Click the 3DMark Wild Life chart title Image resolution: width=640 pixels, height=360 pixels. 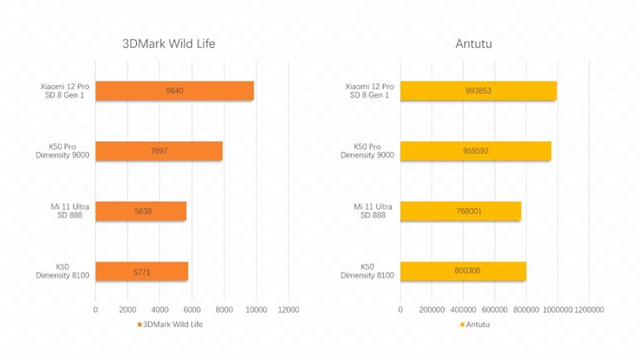[x=169, y=44]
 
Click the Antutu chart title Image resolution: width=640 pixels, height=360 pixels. [x=474, y=44]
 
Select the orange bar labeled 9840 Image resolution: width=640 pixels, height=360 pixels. [x=174, y=91]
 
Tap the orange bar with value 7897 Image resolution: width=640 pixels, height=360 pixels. [x=158, y=151]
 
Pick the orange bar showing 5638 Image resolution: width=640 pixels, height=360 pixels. [x=141, y=211]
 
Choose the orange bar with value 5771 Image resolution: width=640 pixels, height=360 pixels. [x=142, y=272]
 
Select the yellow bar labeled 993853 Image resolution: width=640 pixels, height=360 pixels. [x=478, y=91]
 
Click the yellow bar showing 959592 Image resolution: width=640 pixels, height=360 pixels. [x=475, y=151]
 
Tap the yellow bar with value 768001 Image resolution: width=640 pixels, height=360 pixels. [x=461, y=211]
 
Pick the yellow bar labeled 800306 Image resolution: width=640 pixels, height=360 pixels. [x=463, y=272]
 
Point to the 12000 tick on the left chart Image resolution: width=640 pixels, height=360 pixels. [x=288, y=310]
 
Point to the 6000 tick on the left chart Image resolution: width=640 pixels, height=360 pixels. [x=192, y=310]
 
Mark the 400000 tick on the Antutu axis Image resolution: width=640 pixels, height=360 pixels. [x=463, y=310]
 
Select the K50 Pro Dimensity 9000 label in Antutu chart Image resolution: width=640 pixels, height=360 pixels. [x=367, y=151]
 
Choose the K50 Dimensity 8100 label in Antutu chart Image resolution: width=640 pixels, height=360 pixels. [x=367, y=271]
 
